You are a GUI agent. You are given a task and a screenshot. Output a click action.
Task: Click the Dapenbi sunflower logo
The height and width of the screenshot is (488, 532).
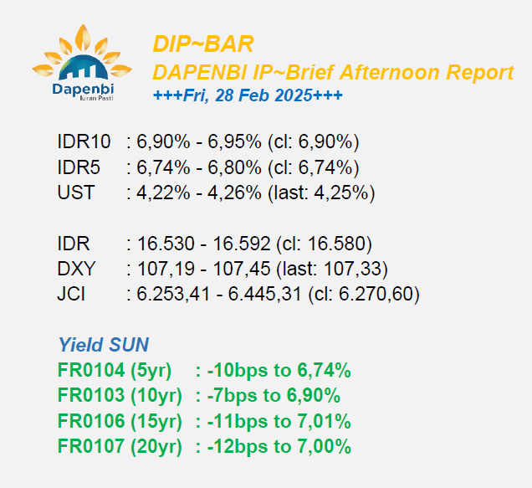(82, 63)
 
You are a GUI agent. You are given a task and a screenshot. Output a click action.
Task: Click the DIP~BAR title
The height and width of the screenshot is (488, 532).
(203, 44)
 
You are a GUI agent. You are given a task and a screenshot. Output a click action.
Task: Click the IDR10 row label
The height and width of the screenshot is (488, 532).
(84, 141)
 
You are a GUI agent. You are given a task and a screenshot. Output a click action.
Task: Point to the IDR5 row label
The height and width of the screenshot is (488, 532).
(79, 167)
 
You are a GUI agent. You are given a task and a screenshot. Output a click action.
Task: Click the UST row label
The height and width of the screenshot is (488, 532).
(76, 193)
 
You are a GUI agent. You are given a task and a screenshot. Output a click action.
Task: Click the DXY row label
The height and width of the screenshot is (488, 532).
(76, 269)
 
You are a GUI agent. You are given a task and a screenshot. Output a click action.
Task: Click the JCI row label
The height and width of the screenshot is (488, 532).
(71, 294)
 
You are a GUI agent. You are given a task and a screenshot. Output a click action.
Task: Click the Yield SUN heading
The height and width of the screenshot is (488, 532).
(104, 345)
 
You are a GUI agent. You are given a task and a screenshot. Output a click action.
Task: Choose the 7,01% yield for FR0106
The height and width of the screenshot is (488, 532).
(324, 421)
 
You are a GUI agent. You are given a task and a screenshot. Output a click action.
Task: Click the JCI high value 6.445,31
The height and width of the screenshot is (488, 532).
(264, 295)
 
